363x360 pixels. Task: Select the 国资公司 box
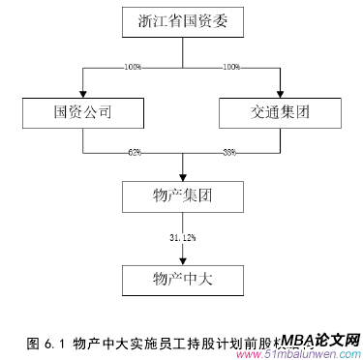[84, 112]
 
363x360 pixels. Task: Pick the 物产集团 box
[182, 196]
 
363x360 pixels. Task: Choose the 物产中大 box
[182, 281]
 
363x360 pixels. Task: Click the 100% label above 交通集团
[231, 67]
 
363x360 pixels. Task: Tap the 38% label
[229, 152]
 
